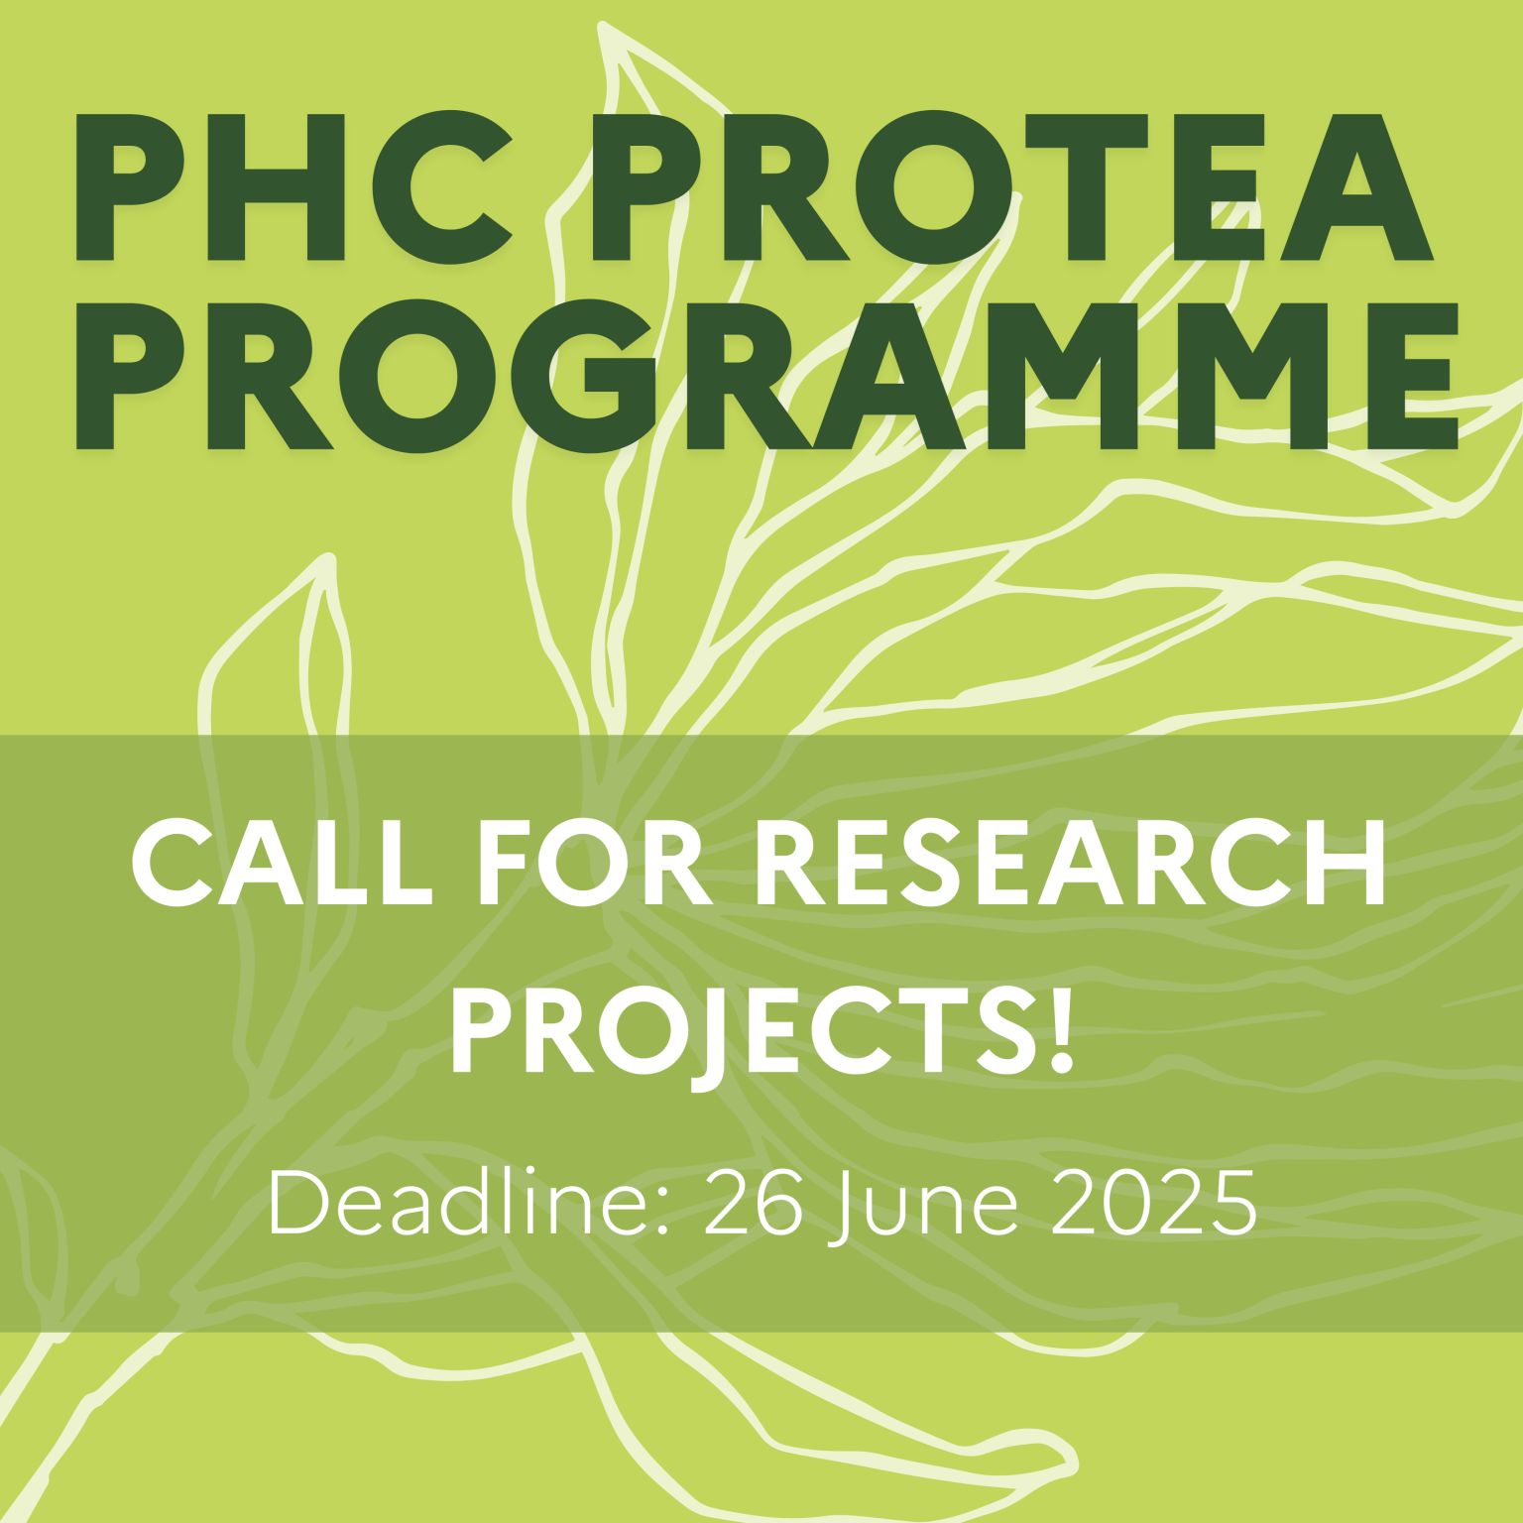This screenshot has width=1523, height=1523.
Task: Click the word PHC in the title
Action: (x=293, y=187)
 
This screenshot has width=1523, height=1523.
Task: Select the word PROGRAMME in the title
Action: (x=767, y=371)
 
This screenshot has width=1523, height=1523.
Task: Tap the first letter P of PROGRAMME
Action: (x=134, y=371)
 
